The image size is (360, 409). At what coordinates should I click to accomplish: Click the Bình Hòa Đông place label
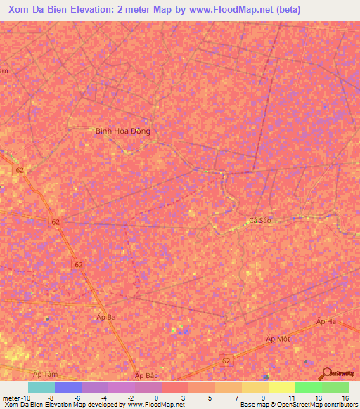(123, 131)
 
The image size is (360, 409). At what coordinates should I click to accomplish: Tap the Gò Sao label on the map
(259, 220)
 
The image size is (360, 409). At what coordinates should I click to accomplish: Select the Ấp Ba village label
(105, 318)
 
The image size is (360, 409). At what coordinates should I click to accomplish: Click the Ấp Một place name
(278, 339)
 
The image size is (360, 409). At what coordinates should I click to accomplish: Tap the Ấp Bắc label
(146, 376)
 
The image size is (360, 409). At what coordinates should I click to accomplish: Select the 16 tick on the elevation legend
(345, 397)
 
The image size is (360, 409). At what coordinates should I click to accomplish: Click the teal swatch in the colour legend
(41, 387)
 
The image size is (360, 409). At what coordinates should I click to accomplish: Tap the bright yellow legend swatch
(281, 387)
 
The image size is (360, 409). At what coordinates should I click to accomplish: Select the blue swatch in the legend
(68, 387)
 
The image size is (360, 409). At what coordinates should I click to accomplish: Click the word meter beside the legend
(11, 397)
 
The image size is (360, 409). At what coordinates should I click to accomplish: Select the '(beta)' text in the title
(287, 10)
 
